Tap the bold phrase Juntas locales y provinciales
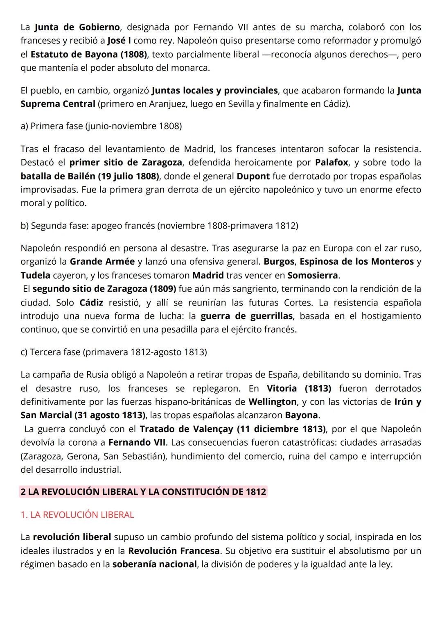coord(214,90)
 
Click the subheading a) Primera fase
coord(101,126)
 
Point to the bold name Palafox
coord(331,162)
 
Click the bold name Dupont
coord(253,176)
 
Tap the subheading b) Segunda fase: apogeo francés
coord(159,225)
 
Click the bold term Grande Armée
coord(102,261)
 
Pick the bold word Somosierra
coord(313,275)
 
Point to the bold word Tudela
coord(35,275)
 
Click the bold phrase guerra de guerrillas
coord(246,316)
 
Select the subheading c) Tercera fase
coord(114,352)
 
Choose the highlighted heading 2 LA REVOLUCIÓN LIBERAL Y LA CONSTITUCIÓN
coord(143,491)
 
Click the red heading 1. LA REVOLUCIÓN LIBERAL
coord(77,514)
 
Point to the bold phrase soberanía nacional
coord(154,564)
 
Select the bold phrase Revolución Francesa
coord(174,550)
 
